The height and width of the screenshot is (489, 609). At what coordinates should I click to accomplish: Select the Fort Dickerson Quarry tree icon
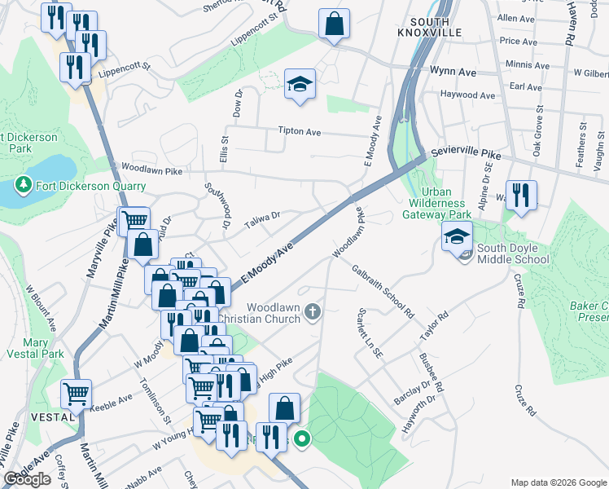(23, 184)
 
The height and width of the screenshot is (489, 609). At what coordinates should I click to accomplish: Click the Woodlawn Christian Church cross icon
(312, 311)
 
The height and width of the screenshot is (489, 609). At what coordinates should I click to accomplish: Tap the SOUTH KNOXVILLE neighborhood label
(436, 26)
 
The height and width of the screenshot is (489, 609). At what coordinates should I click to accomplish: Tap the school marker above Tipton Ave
(300, 83)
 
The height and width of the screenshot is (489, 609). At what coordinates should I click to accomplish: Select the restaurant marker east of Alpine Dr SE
(521, 196)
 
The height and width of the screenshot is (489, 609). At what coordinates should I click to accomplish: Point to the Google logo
(27, 478)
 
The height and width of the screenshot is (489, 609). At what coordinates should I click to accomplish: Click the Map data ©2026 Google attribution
(559, 482)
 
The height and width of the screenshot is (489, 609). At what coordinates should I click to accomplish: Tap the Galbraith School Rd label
(383, 290)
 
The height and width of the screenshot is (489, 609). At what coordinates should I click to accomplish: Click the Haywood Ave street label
(467, 95)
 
